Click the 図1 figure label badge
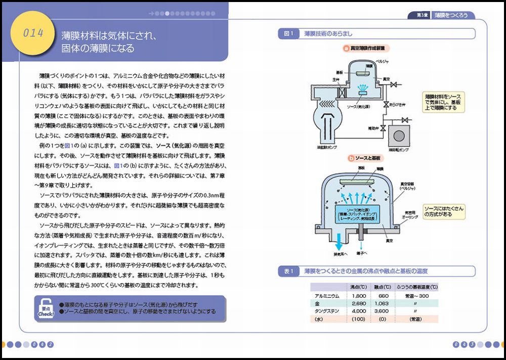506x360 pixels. pos(288,34)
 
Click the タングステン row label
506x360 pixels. pos(327,311)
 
